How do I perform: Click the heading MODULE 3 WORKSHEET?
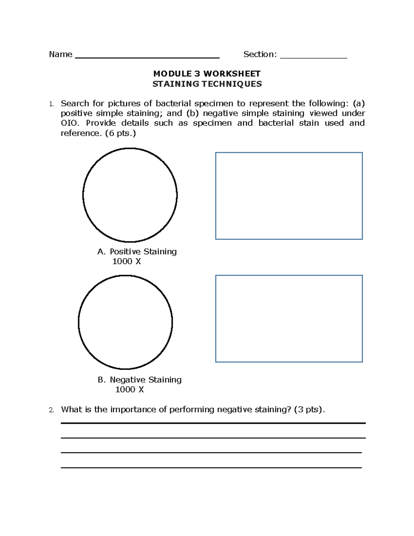click(x=207, y=74)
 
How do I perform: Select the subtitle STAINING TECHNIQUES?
click(x=207, y=84)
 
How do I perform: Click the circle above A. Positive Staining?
click(x=130, y=195)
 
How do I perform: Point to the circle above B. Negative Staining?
click(x=126, y=322)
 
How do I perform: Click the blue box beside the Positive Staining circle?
click(x=289, y=196)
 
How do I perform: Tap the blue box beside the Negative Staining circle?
click(x=289, y=319)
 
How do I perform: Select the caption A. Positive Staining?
click(x=137, y=252)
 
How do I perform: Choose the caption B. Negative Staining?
click(x=139, y=380)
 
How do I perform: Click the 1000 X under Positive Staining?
click(x=127, y=261)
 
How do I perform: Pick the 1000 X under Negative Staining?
click(x=129, y=389)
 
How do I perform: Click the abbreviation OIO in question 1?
click(x=69, y=123)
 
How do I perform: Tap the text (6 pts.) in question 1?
click(x=120, y=133)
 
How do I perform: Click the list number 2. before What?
click(x=51, y=410)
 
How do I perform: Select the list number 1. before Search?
click(x=51, y=104)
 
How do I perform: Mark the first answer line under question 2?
click(x=213, y=423)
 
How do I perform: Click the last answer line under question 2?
click(x=211, y=468)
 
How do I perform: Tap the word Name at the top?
click(x=61, y=54)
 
